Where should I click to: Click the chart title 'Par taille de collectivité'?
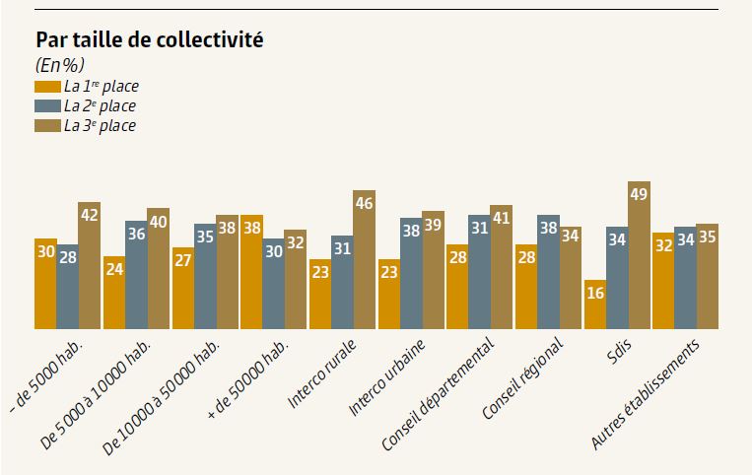[149, 40]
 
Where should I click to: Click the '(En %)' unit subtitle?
[60, 66]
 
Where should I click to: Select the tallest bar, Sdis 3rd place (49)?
[639, 256]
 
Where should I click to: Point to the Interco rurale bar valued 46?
[364, 260]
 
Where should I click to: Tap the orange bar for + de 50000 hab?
[251, 272]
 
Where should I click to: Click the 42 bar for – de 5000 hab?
[90, 266]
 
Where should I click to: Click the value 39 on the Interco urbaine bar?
[433, 226]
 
